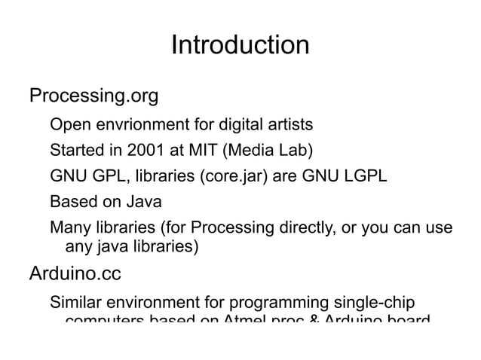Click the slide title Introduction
point(240,45)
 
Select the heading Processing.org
point(93,97)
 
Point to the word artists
point(288,124)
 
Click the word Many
point(69,229)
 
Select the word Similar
point(76,304)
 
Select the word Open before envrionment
point(69,124)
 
